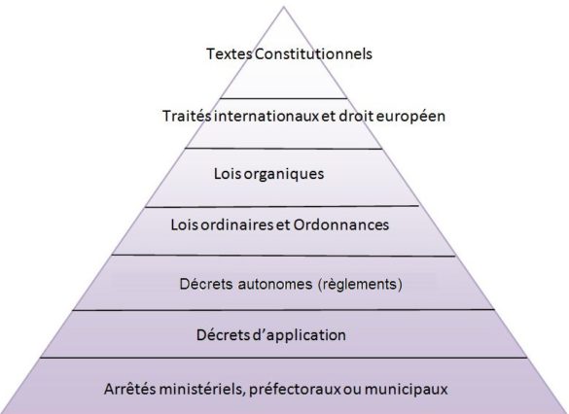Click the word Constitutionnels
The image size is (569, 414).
point(313,54)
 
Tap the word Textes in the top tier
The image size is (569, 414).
point(230,54)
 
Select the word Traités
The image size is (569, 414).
point(187,116)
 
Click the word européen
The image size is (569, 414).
point(410,117)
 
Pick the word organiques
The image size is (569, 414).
point(284,174)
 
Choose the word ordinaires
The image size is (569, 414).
point(237,225)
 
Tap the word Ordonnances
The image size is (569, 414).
point(341,225)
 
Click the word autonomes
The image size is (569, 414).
point(275,284)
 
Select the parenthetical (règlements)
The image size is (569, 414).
point(360,285)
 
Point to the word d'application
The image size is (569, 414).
point(299,335)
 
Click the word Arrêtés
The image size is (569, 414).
point(130,389)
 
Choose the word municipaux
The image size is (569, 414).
point(406,390)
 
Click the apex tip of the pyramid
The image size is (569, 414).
point(284,7)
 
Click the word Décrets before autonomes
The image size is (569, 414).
point(206,284)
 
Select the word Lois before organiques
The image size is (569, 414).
point(228,174)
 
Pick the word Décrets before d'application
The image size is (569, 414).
point(223,335)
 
